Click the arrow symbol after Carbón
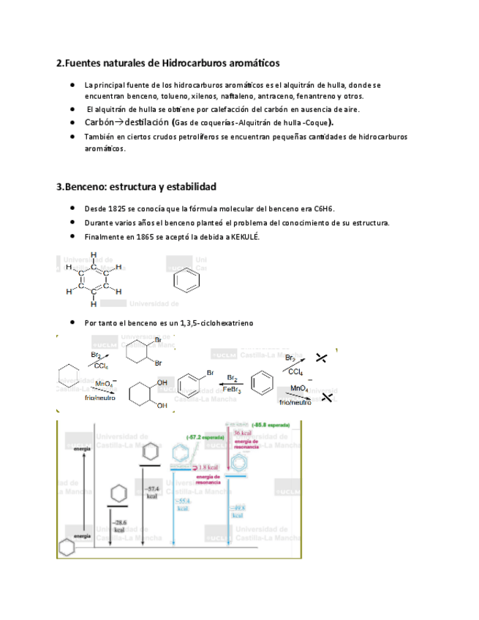click(x=118, y=122)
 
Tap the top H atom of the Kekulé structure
click(x=94, y=255)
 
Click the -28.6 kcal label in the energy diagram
click(x=117, y=525)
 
